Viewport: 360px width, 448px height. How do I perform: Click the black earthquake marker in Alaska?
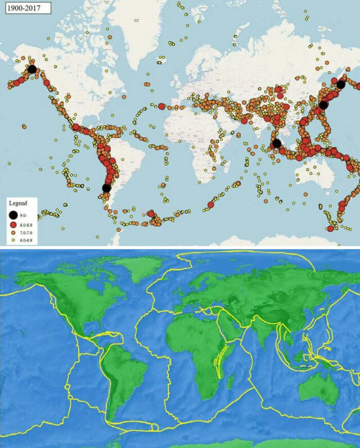click(x=32, y=69)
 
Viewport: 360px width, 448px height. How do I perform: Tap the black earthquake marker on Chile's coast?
click(x=106, y=188)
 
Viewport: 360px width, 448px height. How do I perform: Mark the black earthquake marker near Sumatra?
click(x=276, y=143)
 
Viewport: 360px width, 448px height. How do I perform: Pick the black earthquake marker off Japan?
click(x=323, y=105)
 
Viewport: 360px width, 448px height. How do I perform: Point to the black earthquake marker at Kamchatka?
click(x=341, y=84)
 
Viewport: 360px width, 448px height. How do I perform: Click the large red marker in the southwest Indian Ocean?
click(x=210, y=204)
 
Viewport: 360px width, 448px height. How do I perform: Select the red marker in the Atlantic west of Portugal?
click(x=161, y=106)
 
